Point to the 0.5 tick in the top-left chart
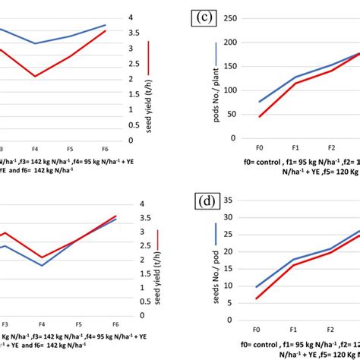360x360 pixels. (x=133, y=125)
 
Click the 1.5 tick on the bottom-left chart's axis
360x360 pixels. (x=133, y=273)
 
